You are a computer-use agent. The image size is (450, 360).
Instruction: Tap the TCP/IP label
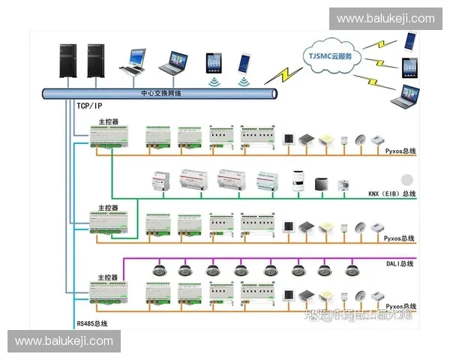pyautogui.click(x=91, y=106)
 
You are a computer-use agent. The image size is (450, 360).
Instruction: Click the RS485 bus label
pyautogui.click(x=91, y=323)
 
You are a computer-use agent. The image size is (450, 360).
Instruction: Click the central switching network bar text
pyautogui.click(x=161, y=93)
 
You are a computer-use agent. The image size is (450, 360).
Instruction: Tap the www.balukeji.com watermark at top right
pyautogui.click(x=385, y=19)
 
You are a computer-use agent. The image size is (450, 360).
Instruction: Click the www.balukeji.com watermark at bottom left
pyautogui.click(x=64, y=341)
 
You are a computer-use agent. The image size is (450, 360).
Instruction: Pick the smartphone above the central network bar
pyautogui.click(x=245, y=63)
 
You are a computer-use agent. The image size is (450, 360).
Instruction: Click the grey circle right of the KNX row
pyautogui.click(x=407, y=180)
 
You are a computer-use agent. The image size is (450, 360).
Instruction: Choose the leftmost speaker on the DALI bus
pyautogui.click(x=158, y=270)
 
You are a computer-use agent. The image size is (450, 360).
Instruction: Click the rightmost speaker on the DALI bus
pyautogui.click(x=352, y=270)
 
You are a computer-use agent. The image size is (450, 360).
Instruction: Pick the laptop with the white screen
pyautogui.click(x=136, y=60)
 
